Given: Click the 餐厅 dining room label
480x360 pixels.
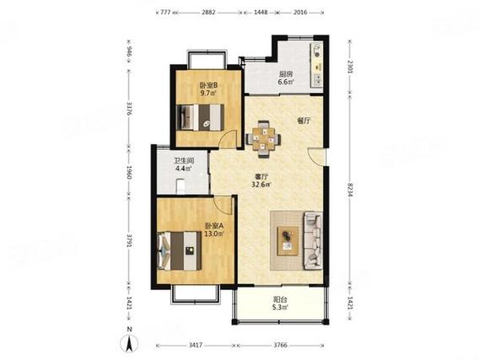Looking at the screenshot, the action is (x=304, y=121).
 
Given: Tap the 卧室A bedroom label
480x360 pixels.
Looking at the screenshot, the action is (x=214, y=226).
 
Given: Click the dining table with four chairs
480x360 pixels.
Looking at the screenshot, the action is (x=263, y=139).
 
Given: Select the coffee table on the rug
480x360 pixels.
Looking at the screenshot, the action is (x=288, y=241).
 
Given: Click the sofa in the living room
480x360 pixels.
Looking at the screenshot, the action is (x=313, y=241).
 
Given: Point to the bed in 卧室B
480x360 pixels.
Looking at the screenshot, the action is (x=200, y=117).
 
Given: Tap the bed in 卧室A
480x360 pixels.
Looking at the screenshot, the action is (x=179, y=250).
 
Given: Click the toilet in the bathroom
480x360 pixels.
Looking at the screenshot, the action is (x=181, y=186).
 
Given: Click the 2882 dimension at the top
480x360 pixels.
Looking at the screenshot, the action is (x=208, y=13).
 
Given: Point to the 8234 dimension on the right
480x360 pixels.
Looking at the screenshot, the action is (x=350, y=190).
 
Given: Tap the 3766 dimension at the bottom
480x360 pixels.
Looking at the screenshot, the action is (x=280, y=345).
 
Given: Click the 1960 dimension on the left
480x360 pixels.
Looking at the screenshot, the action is (x=129, y=173).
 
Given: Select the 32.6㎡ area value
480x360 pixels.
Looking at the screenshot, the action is (x=262, y=185).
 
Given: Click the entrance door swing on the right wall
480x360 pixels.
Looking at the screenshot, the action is (x=316, y=157).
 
